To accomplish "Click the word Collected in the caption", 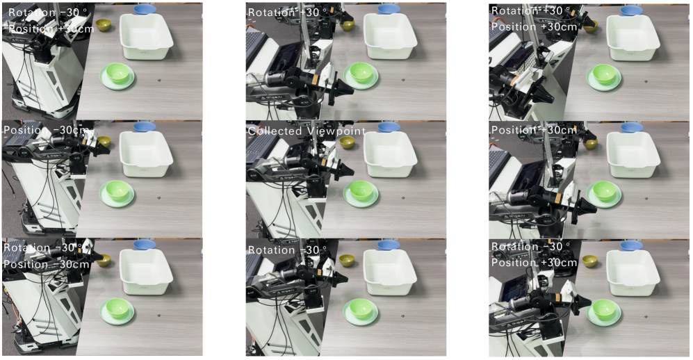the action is coord(274,131).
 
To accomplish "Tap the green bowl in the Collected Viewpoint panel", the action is coord(361,191).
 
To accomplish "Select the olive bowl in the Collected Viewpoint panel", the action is coord(347,142).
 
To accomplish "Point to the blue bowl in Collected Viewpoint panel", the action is coord(389,127).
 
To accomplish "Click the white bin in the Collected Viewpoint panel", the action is coord(390,154).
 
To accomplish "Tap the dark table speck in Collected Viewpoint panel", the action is coord(403,198).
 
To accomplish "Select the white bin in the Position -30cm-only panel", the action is coord(146,154).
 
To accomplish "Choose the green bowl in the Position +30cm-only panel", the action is coord(604,191).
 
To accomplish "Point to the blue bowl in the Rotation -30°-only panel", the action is coord(389,244).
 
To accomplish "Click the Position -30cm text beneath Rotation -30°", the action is coord(47,264).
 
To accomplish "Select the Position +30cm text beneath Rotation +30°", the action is coord(535,26).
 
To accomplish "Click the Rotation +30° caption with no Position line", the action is coord(288,13).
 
